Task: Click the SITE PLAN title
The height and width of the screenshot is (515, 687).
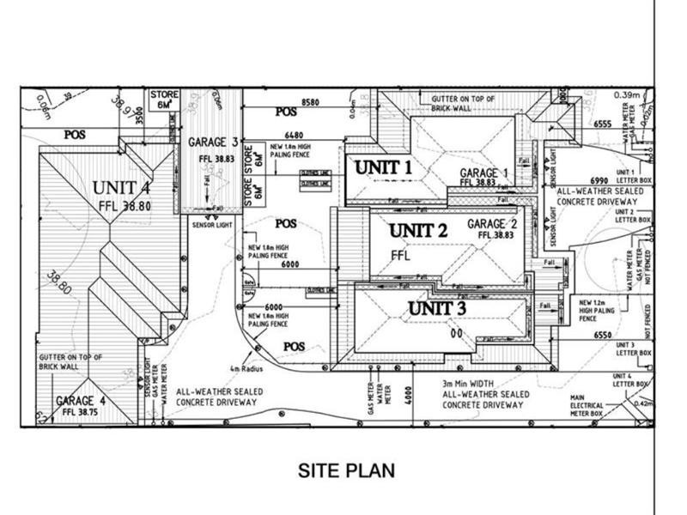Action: pyautogui.click(x=346, y=470)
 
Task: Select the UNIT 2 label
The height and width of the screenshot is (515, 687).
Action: pyautogui.click(x=418, y=230)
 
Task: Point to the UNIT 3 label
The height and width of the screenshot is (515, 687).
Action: pyautogui.click(x=437, y=307)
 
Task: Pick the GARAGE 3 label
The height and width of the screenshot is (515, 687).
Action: pyautogui.click(x=212, y=142)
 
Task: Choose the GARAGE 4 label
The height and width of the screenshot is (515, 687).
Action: pyautogui.click(x=82, y=401)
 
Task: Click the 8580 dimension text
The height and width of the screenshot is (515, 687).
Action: pyautogui.click(x=311, y=103)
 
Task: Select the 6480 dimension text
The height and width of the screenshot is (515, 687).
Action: pyautogui.click(x=294, y=135)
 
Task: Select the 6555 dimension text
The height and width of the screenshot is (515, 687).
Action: pyautogui.click(x=605, y=124)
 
